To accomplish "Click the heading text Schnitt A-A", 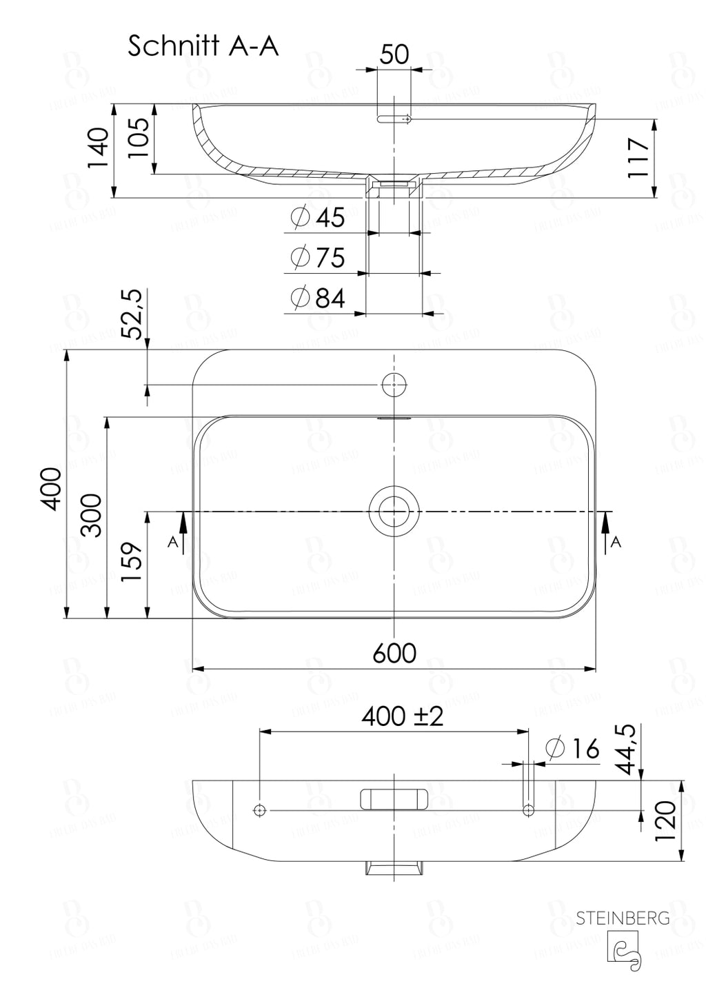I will click(203, 46).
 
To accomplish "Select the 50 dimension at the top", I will click(394, 54).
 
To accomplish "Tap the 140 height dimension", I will click(99, 148).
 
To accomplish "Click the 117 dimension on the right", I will click(639, 158).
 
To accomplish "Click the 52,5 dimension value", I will click(132, 314).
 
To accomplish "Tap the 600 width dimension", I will click(394, 652).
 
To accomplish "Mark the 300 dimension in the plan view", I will click(91, 515).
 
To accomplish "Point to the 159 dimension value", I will click(132, 562).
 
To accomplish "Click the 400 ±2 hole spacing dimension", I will click(403, 716).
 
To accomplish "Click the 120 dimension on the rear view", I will click(666, 821).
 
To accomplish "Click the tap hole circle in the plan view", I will click(394, 383).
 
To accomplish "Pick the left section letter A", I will click(173, 542).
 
